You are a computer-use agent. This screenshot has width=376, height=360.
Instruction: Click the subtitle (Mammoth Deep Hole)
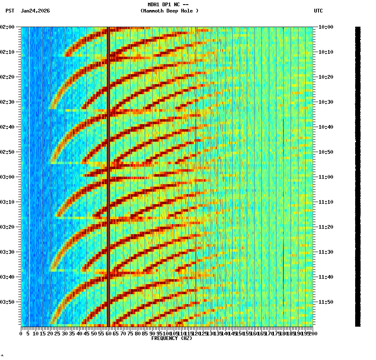169,11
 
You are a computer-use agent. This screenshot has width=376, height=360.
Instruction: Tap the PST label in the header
10,11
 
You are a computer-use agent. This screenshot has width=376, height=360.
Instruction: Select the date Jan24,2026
35,11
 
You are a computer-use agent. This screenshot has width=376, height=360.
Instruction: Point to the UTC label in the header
318,11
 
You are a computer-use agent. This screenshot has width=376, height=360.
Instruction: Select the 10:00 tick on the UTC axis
326,27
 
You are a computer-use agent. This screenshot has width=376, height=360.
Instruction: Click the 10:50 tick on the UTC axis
326,152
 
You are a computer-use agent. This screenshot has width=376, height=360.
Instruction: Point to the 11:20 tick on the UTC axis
326,227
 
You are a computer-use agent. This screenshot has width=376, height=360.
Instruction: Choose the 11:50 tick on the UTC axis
326,302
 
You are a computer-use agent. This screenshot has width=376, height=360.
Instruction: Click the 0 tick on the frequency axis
21,333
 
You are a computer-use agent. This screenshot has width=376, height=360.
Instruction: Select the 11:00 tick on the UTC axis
326,177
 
